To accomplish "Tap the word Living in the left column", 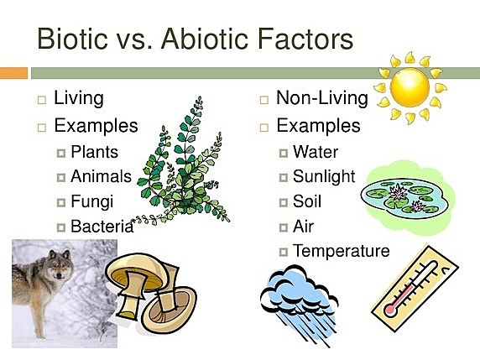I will [x=78, y=98].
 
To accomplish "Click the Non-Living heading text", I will [x=321, y=98].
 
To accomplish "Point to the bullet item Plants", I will [x=94, y=153].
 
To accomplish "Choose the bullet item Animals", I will [x=101, y=177].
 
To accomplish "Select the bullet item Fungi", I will [x=91, y=201].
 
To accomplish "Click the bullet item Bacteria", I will [x=102, y=226].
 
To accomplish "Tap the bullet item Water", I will [x=315, y=153].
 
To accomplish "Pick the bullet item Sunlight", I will [x=324, y=177].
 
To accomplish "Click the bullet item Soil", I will [x=307, y=201].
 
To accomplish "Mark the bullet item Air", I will [x=303, y=226].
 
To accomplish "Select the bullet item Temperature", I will [x=341, y=251].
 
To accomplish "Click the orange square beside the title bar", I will [x=13, y=74].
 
